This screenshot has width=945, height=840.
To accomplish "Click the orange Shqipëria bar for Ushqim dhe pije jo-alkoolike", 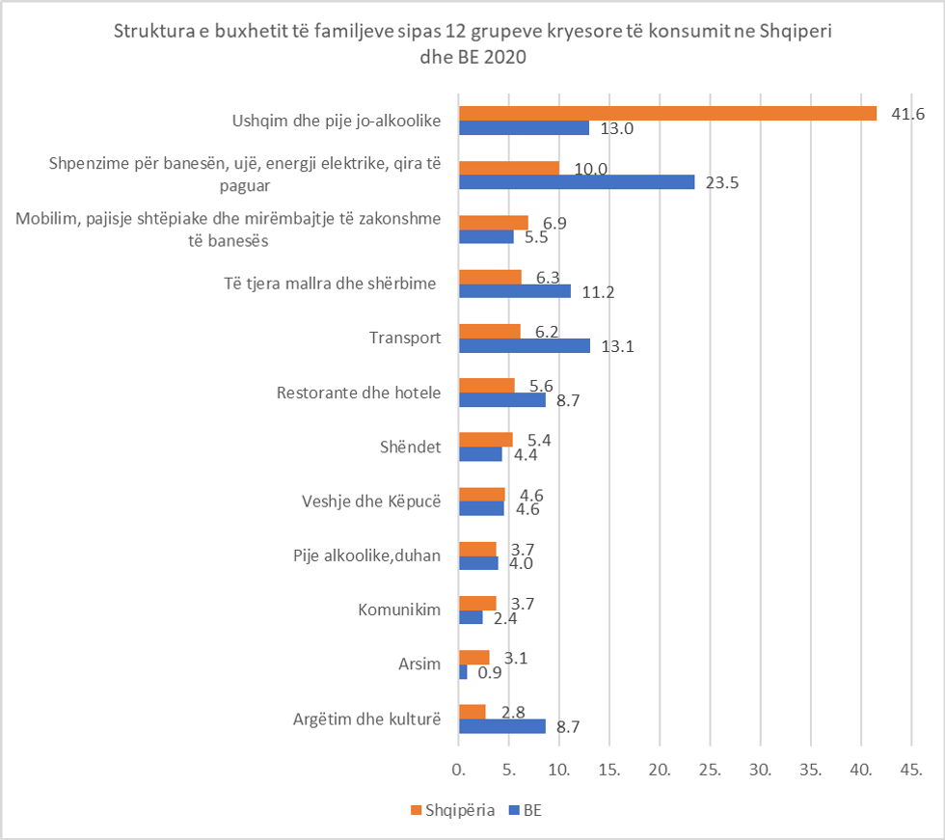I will (x=667, y=113).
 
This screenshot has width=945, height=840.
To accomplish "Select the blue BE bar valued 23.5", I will (x=577, y=182).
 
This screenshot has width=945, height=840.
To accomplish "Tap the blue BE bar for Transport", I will (x=524, y=346).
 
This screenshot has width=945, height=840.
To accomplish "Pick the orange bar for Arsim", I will (x=473, y=657).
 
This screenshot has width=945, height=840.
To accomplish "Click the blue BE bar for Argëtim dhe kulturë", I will (x=501, y=726).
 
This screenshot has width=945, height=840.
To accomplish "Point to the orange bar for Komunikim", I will (x=476, y=603).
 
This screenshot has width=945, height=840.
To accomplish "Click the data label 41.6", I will (x=906, y=114).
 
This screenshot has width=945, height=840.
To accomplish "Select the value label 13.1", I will (x=616, y=347).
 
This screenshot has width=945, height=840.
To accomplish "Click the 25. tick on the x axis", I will (x=710, y=771).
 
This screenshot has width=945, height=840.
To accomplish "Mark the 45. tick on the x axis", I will (x=911, y=771).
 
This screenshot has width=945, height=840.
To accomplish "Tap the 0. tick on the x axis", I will (x=459, y=771).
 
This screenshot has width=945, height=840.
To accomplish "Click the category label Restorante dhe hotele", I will (x=358, y=393).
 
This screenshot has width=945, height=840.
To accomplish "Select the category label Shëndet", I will (x=411, y=447).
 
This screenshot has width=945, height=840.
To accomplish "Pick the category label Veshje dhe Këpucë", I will (x=371, y=502).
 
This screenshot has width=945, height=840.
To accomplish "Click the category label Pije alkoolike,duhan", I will (x=367, y=556).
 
